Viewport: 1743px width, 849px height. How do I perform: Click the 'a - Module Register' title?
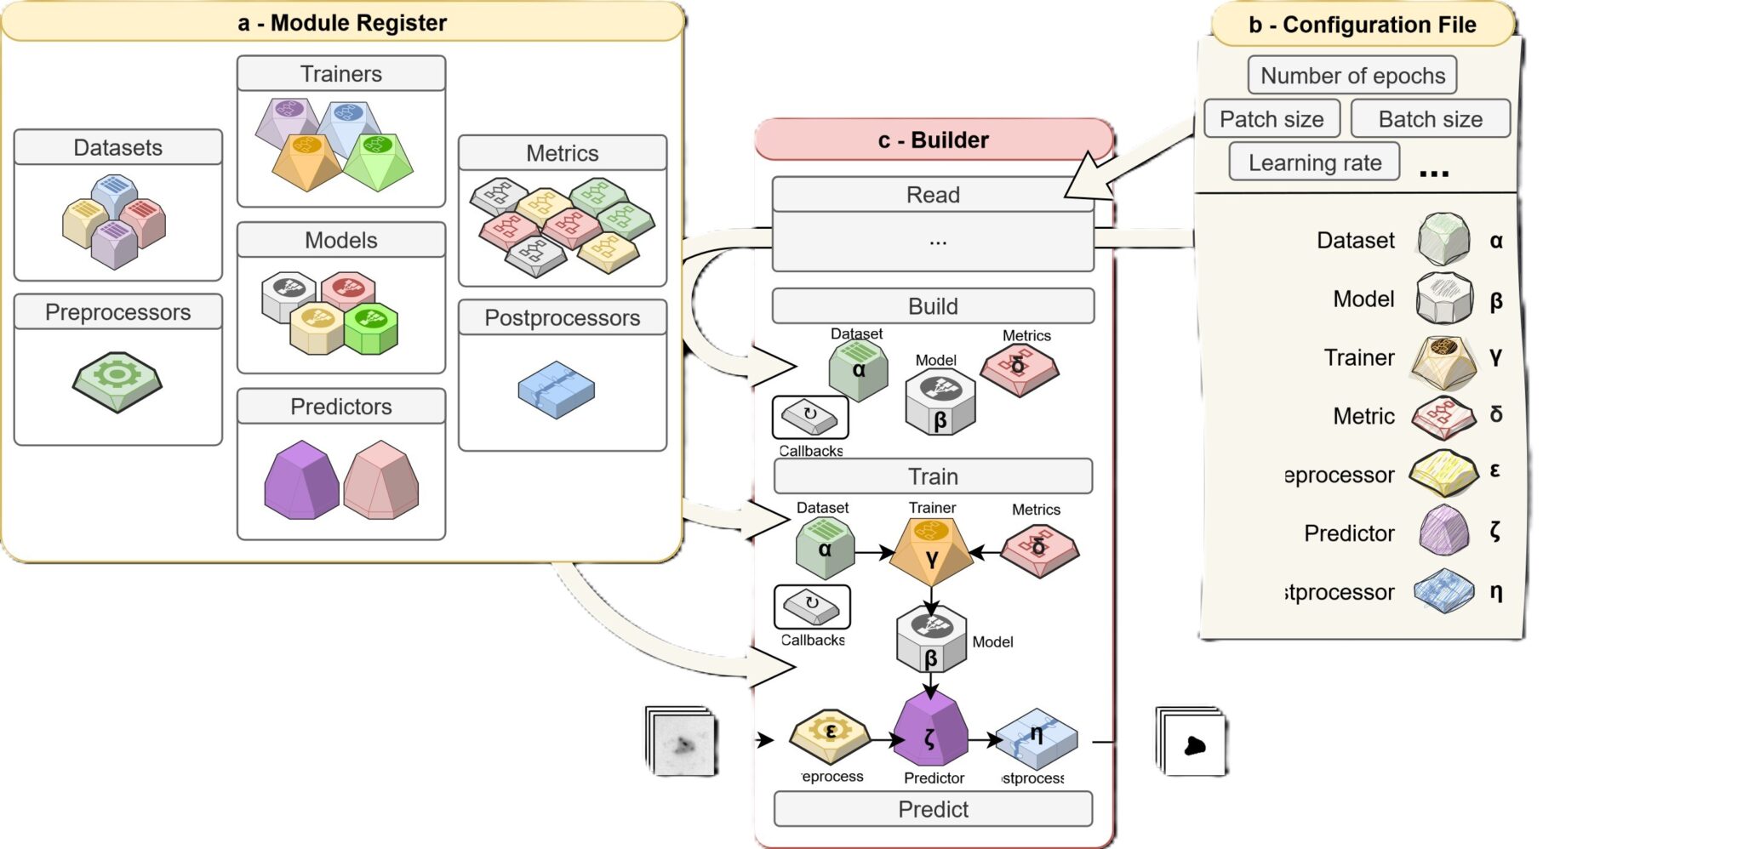pos(342,23)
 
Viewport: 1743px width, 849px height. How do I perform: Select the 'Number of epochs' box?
pos(1352,76)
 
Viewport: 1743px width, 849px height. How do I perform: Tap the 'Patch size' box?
pos(1272,119)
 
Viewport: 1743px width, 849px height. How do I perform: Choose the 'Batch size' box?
pos(1430,119)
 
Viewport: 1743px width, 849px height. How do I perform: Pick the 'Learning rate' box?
pos(1314,162)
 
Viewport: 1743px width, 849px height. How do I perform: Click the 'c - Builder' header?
pos(934,140)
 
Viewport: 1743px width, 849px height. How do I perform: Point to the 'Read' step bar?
pos(933,195)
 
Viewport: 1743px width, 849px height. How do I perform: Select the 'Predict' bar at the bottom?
pos(933,809)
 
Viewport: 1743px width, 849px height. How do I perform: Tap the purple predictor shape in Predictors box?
pos(301,481)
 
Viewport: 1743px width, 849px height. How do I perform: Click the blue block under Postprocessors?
pos(557,390)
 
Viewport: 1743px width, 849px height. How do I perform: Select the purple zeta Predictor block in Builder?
pos(931,732)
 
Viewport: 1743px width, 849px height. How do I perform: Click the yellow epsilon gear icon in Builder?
pos(830,733)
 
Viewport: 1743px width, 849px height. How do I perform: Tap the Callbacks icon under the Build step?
pos(810,417)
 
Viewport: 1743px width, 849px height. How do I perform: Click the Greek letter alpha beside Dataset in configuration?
pos(1496,242)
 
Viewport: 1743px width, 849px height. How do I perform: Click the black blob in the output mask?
pos(1195,746)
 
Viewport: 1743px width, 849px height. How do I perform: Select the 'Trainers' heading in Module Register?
pos(341,74)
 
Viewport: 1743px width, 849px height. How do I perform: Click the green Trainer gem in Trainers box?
pos(378,160)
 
